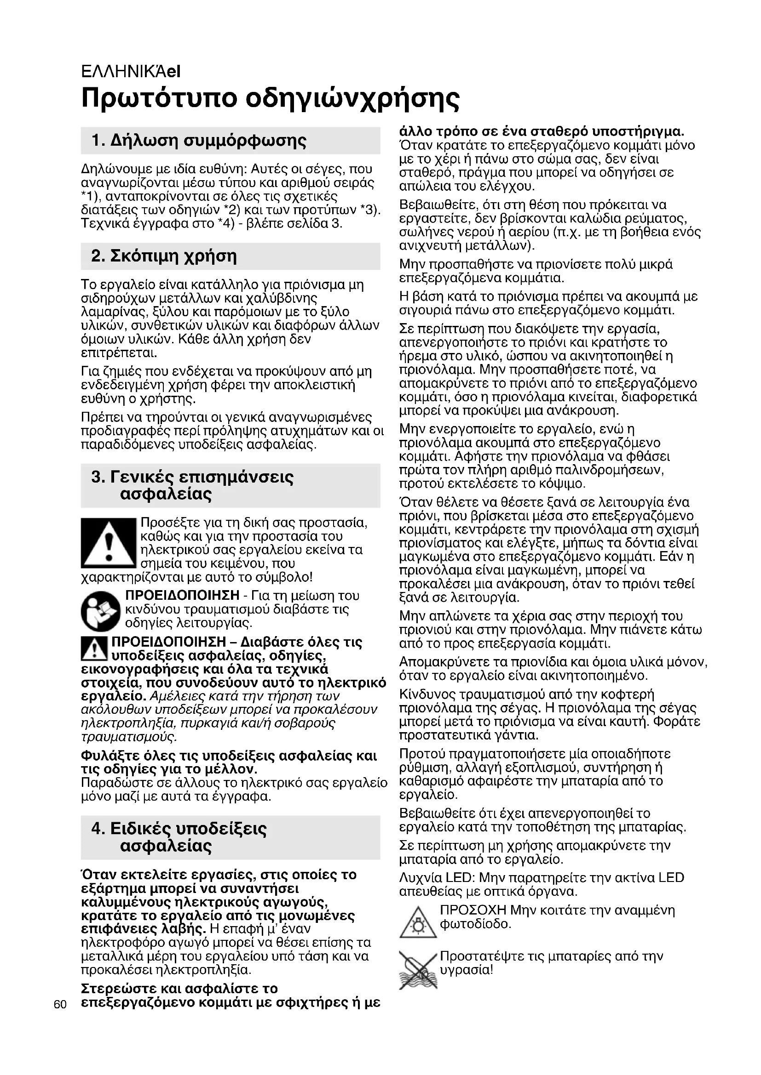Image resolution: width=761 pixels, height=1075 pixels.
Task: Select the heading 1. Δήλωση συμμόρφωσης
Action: pyautogui.click(x=199, y=141)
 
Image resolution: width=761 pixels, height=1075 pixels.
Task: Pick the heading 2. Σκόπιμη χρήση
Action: pyautogui.click(x=164, y=256)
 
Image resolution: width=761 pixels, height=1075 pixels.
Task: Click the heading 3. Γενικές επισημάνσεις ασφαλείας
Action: pyautogui.click(x=192, y=485)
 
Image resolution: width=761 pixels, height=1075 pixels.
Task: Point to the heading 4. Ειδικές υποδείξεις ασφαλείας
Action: pyautogui.click(x=179, y=837)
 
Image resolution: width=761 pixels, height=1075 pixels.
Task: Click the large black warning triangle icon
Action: pyautogui.click(x=108, y=543)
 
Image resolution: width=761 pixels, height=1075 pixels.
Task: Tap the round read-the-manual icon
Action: pyautogui.click(x=101, y=611)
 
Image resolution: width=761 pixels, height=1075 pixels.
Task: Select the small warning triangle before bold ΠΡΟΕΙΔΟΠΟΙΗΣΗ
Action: pyautogui.click(x=94, y=648)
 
